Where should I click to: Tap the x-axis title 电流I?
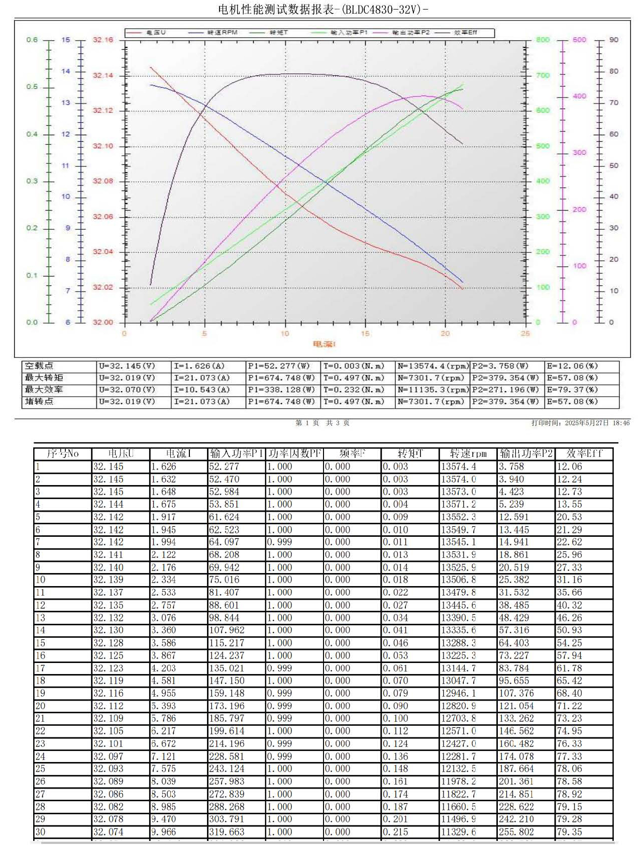[x=324, y=344]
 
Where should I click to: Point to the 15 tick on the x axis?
[x=365, y=333]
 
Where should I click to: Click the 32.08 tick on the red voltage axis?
[x=103, y=181]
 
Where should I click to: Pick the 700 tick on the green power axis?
[x=543, y=75]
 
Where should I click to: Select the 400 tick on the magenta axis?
[x=579, y=96]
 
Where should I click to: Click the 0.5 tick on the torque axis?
[x=32, y=87]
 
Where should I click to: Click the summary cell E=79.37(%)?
[x=572, y=390]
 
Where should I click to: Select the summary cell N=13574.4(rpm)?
[x=433, y=366]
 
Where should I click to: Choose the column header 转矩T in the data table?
[x=410, y=453]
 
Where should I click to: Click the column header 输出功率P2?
[x=525, y=453]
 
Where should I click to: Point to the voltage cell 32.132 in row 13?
[x=108, y=618]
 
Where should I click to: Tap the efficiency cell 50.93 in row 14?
[x=569, y=630]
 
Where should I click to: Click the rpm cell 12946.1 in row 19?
[x=459, y=693]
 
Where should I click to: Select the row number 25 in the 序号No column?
[x=40, y=769]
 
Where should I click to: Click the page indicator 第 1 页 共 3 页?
[x=322, y=423]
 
